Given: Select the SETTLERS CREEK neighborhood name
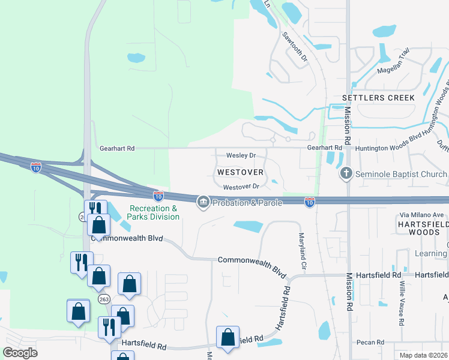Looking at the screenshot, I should [x=378, y=97].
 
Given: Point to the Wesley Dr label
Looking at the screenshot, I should [x=241, y=155].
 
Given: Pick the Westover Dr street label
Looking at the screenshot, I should [x=240, y=187].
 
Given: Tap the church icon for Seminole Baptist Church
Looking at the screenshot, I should [x=346, y=175].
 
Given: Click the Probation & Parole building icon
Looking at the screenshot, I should [x=203, y=203].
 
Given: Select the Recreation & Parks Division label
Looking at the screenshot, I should [x=154, y=212].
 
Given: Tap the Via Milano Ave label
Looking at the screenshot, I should [x=422, y=215].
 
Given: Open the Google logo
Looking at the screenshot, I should [x=20, y=352].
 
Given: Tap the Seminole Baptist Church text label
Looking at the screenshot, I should [x=400, y=175].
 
